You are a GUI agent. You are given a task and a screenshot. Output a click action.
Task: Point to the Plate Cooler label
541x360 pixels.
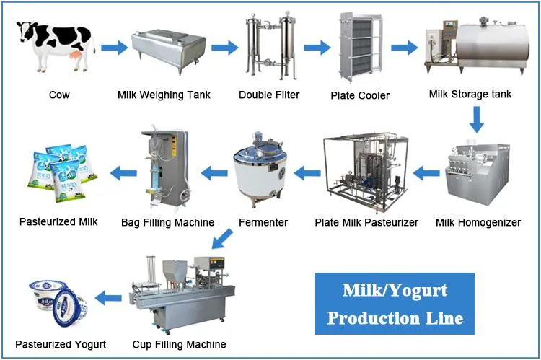pos(360,95)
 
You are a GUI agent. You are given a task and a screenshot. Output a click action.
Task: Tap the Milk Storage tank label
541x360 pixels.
pos(470,95)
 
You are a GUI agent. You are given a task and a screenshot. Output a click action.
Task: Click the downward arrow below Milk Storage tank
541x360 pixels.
pos(476,119)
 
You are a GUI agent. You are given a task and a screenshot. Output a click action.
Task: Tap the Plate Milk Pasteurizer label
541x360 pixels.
pos(366,222)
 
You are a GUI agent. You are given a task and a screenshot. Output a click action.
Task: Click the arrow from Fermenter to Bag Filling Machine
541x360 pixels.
pos(214,172)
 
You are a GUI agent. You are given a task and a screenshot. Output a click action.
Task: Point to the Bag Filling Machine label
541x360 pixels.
pos(167,222)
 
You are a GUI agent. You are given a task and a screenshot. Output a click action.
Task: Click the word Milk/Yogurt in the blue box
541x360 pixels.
pos(394,291)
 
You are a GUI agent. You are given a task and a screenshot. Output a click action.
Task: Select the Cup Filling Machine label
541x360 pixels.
pos(179,344)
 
